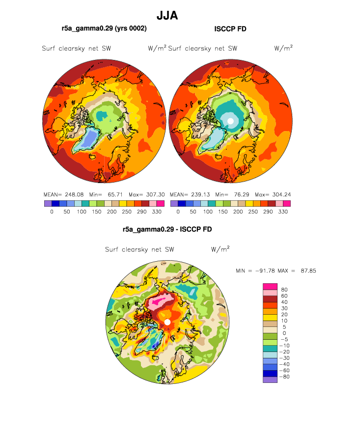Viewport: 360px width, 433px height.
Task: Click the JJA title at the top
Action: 167,16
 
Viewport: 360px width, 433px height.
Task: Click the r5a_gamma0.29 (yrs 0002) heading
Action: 104,28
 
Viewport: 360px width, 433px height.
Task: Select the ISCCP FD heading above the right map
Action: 230,29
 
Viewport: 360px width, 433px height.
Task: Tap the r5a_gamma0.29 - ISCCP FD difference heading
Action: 167,229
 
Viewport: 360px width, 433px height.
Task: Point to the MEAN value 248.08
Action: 74,194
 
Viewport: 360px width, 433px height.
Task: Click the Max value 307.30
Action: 155,194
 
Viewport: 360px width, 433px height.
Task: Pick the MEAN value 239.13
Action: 200,194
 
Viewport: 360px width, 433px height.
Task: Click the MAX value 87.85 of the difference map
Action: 308,271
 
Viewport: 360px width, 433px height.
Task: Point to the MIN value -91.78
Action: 265,271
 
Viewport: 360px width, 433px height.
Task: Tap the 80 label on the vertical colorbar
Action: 284,290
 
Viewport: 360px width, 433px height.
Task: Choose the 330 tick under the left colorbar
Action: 157,212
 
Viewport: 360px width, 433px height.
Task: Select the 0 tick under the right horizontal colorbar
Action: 178,212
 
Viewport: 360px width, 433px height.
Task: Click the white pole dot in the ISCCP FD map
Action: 230,121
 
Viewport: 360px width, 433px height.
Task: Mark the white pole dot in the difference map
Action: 167,322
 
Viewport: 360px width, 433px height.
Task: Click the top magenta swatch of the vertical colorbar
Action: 270,286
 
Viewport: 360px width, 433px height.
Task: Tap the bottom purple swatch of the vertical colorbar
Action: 270,379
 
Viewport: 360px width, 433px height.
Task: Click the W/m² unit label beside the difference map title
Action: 220,249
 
